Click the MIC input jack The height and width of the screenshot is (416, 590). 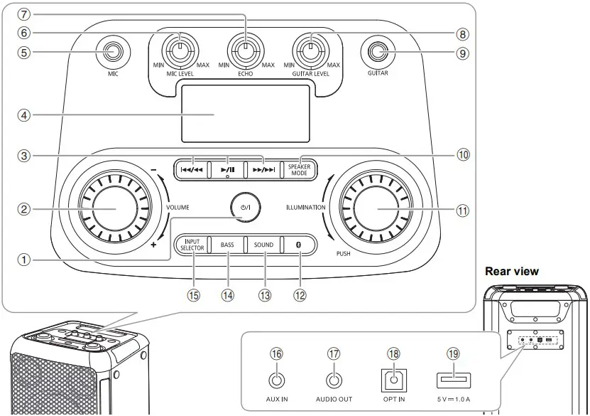pyautogui.click(x=111, y=51)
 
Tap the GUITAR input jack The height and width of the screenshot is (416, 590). pyautogui.click(x=378, y=50)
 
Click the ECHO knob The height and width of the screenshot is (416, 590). pyautogui.click(x=244, y=50)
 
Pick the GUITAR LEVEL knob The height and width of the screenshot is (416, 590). pyautogui.click(x=310, y=50)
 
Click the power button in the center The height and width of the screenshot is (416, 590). pyautogui.click(x=244, y=207)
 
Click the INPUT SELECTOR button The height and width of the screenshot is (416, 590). pyautogui.click(x=192, y=245)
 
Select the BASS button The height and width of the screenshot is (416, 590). pyautogui.click(x=227, y=245)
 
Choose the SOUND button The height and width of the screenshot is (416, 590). pyautogui.click(x=263, y=245)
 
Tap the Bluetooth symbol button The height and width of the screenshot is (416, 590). pyautogui.click(x=299, y=245)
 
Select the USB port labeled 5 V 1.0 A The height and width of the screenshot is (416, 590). pyautogui.click(x=450, y=380)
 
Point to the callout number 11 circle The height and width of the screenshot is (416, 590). pyautogui.click(x=463, y=210)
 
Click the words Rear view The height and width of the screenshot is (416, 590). pyautogui.click(x=511, y=271)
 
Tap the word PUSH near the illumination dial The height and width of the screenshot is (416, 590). pyautogui.click(x=344, y=253)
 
